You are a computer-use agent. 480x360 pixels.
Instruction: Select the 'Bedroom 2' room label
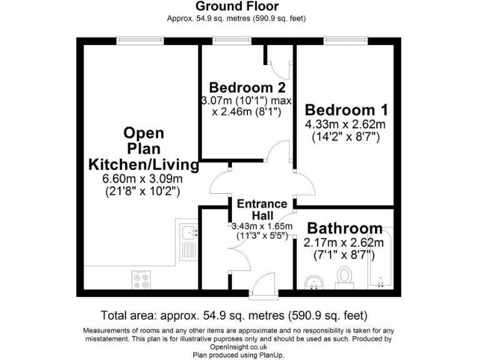(242, 87)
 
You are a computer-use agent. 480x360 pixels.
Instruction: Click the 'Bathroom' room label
(344, 227)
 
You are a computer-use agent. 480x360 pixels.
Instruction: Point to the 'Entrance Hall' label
(261, 209)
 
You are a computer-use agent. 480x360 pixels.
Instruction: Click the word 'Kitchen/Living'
(144, 165)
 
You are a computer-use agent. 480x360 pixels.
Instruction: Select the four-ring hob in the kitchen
(140, 279)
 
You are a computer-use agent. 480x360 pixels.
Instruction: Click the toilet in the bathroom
(344, 277)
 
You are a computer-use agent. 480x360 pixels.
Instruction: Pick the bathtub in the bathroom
(381, 261)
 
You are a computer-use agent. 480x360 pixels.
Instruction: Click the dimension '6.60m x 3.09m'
(143, 179)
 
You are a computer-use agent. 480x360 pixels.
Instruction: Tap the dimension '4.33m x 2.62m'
(345, 124)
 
